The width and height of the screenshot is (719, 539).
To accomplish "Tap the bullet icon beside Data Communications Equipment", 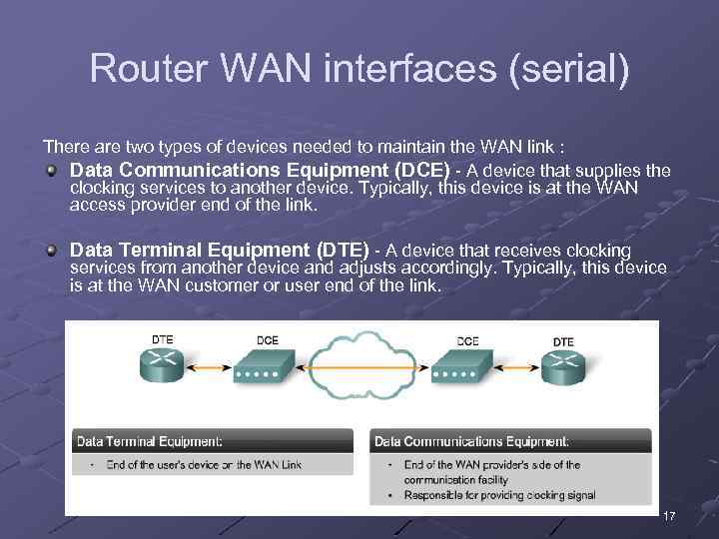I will click(x=51, y=171).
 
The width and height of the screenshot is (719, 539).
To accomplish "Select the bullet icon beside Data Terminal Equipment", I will click(x=51, y=251).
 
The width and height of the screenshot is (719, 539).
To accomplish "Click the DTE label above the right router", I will click(x=563, y=342).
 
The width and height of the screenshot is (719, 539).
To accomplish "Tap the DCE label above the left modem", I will click(x=268, y=340).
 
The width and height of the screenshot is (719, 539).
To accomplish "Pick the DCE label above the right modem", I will click(x=468, y=341).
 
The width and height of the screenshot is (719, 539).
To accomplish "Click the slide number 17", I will click(x=669, y=516).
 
